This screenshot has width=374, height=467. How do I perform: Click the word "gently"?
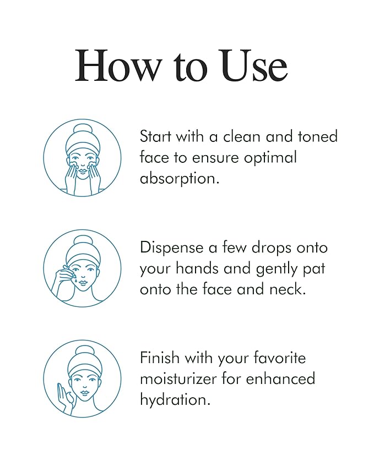click(x=283, y=268)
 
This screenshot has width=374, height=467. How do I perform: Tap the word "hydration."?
click(x=175, y=399)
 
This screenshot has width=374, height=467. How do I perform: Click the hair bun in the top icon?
click(x=82, y=130)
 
